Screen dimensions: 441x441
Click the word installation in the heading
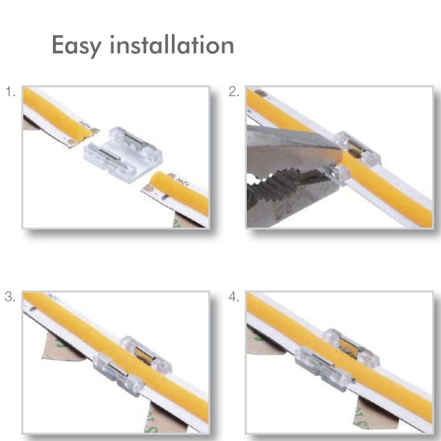(x=172, y=45)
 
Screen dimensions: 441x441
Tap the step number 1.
(x=10, y=92)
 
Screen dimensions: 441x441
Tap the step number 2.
(x=234, y=92)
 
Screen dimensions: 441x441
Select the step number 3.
(x=10, y=297)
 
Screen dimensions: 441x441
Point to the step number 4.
(x=234, y=297)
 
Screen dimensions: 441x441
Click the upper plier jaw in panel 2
(x=287, y=144)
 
